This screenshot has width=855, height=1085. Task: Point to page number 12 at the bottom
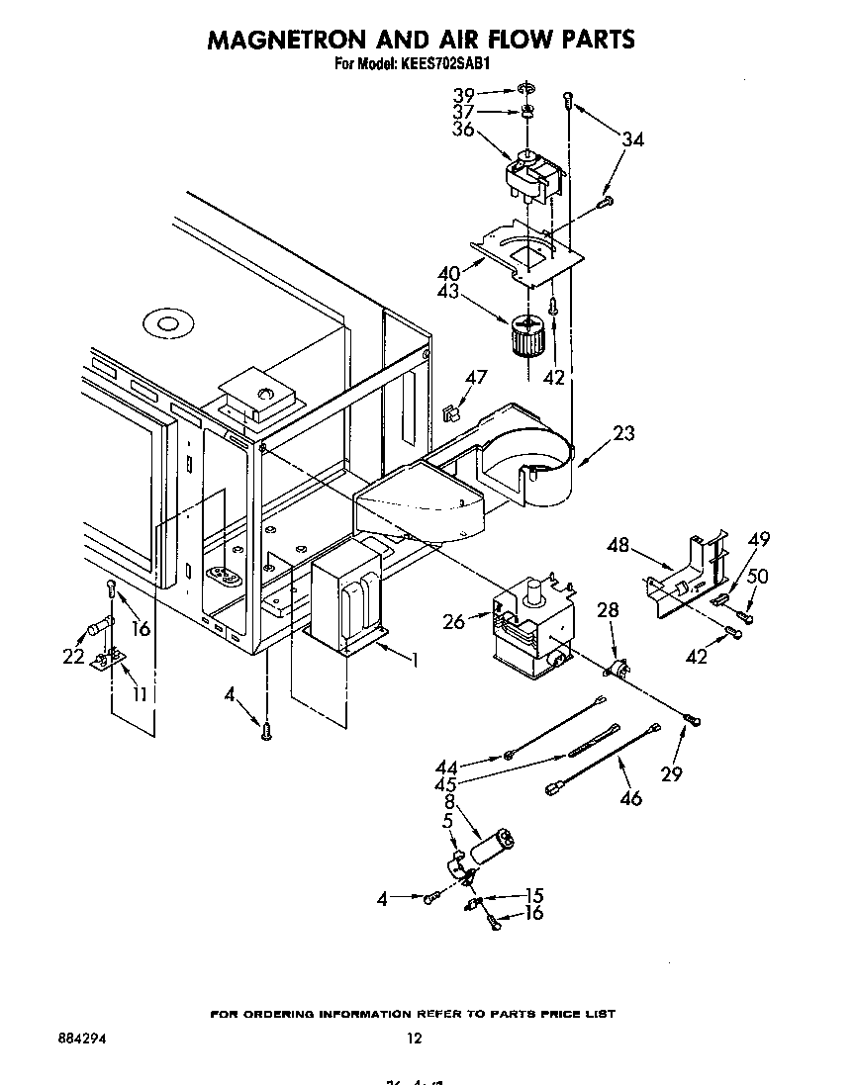pos(414,1039)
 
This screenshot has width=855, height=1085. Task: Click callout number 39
pos(464,95)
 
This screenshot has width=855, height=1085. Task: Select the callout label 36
pos(464,130)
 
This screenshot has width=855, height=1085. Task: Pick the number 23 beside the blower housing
pos(623,433)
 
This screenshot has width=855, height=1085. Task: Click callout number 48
pos(618,544)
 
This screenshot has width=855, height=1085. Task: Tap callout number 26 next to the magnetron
pos(454,621)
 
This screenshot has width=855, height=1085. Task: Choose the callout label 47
pos(477,377)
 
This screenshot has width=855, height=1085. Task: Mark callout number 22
pos(73,656)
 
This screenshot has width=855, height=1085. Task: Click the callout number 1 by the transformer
pos(414,657)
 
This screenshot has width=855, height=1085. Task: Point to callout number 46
pos(630,797)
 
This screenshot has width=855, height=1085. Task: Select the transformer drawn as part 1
pos(346,604)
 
